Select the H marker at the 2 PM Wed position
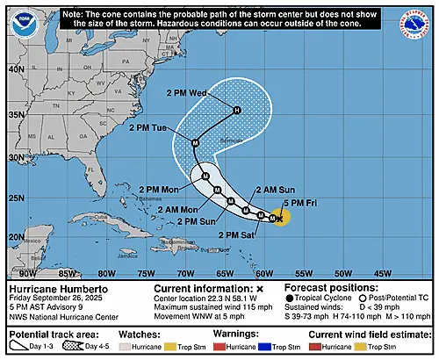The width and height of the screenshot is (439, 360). pyautogui.click(x=236, y=111)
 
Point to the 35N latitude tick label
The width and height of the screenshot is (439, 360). pyautogui.click(x=12, y=114)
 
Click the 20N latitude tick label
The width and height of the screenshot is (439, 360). pyautogui.click(x=12, y=236)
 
